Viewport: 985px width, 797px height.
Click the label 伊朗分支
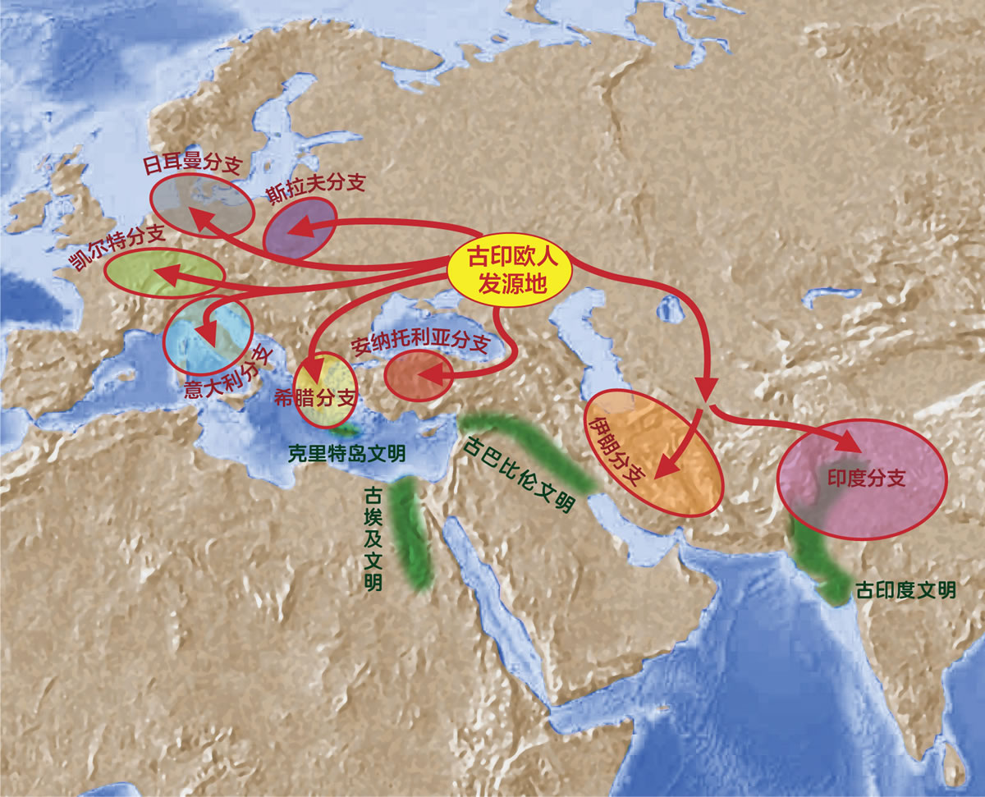pos(616,449)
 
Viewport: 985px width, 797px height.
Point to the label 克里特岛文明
pos(346,452)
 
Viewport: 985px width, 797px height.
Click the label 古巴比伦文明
pos(518,474)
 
